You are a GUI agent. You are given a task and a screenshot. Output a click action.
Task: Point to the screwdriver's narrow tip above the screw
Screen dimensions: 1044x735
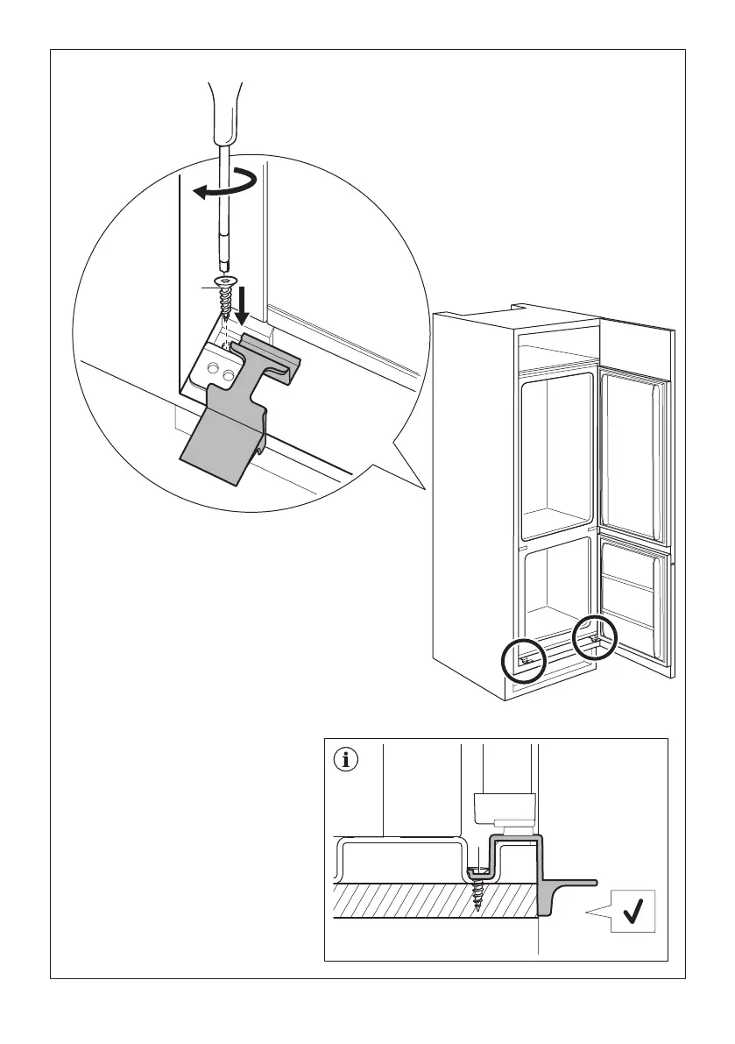pyautogui.click(x=225, y=263)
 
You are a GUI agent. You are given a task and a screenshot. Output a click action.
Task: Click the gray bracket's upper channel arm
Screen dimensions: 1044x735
pyautogui.click(x=272, y=355)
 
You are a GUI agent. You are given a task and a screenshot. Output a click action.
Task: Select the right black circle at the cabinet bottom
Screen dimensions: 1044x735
pyautogui.click(x=595, y=641)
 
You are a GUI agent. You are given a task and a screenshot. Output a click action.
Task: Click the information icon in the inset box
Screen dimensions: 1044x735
pyautogui.click(x=348, y=760)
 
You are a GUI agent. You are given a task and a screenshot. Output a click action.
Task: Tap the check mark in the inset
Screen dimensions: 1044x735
pyautogui.click(x=630, y=914)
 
